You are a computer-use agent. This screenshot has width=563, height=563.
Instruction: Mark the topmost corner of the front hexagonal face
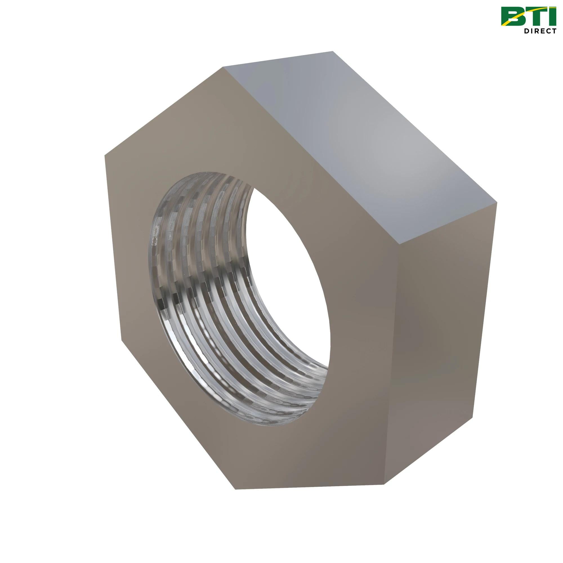pyautogui.click(x=223, y=67)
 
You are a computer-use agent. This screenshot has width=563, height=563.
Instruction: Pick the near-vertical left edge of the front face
pyautogui.click(x=112, y=248)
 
